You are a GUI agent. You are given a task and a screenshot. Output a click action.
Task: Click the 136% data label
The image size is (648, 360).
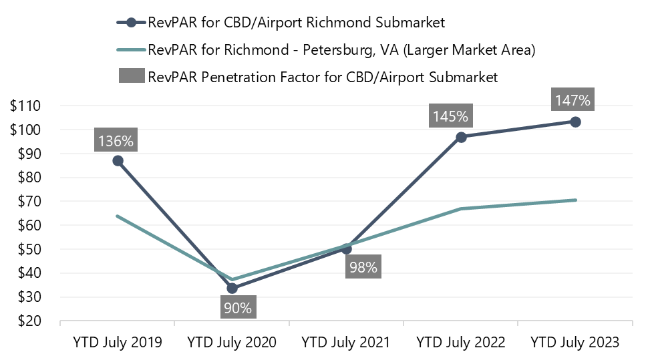click(117, 141)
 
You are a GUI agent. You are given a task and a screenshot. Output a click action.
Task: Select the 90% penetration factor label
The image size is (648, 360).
click(238, 309)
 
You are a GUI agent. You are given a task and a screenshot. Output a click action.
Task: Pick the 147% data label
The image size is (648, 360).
click(573, 101)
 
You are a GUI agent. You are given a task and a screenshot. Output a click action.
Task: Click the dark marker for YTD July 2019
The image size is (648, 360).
click(118, 160)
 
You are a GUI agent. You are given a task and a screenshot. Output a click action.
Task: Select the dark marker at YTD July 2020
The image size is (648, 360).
click(232, 289)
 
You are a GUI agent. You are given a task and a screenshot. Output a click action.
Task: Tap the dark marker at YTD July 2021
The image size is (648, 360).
click(346, 248)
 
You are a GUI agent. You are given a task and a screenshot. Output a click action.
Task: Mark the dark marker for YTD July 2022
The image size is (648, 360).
click(461, 137)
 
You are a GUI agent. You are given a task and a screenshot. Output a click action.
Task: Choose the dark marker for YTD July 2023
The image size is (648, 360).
click(575, 122)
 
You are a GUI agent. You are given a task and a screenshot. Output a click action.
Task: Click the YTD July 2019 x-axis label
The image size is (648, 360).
click(118, 343)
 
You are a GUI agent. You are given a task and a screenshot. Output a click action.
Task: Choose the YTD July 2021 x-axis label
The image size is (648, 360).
click(346, 343)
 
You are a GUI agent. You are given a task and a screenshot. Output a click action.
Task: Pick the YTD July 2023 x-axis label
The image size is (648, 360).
click(575, 343)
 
